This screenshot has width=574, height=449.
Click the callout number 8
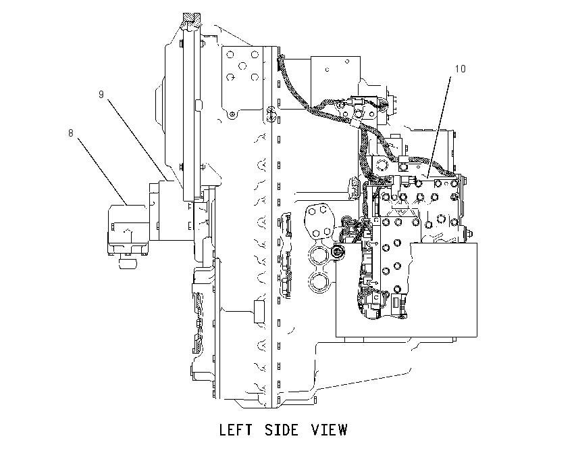[x=71, y=133]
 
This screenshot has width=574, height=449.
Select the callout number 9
[x=101, y=95]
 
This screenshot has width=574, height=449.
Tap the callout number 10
[x=460, y=69]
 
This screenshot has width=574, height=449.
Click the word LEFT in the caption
[x=236, y=429]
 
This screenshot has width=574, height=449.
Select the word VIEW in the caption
[x=329, y=429]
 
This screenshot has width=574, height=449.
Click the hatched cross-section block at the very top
[x=192, y=18]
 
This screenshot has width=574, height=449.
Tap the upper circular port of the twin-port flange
[x=319, y=255]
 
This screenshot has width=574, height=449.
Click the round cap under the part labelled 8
[x=127, y=263]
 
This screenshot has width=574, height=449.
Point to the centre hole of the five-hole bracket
[x=242, y=66]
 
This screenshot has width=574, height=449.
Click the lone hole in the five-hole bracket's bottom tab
[x=232, y=115]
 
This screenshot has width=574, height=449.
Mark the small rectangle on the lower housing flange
[x=259, y=312]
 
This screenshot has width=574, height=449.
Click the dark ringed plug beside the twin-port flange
[x=337, y=252]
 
